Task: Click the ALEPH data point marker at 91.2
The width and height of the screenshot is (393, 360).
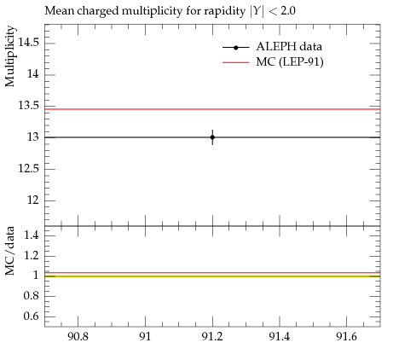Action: pos(212,137)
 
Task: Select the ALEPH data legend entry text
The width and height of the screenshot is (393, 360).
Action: pos(289,47)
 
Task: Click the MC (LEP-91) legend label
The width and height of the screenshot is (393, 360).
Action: pos(290,62)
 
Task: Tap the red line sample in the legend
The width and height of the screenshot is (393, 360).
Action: pos(236,62)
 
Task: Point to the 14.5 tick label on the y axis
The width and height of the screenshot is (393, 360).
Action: pos(28,43)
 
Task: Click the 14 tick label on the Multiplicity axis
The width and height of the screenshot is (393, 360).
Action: pos(33,74)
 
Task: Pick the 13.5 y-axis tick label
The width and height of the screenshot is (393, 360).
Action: pos(28,106)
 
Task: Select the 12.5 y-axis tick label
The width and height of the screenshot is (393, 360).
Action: pos(28,169)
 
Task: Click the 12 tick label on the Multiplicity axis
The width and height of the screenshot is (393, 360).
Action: pos(33,200)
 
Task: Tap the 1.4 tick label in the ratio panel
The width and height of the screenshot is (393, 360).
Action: pos(32,235)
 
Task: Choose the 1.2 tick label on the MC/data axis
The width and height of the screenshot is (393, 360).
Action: pos(32,255)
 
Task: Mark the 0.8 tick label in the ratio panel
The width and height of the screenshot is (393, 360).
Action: pos(32,296)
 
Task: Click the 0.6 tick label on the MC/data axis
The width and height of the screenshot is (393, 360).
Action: pos(32,316)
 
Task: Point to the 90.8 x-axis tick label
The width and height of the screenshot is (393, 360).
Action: pos(78,337)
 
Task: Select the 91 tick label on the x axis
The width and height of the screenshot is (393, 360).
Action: pos(145,337)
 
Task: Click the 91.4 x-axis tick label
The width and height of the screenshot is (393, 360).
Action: pos(280,337)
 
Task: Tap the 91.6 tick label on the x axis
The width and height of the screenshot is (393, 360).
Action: pos(346,337)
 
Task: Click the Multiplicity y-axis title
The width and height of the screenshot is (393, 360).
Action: pos(10,56)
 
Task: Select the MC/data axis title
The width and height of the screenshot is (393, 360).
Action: pos(10,251)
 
